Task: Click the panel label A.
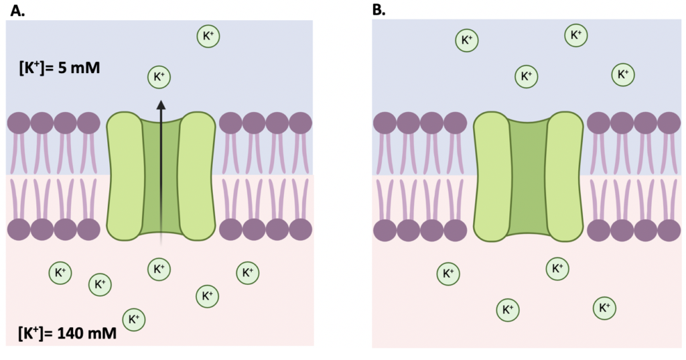coord(15,9)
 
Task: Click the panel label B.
coord(379,9)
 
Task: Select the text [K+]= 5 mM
coord(60,67)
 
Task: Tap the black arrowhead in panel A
coord(160,104)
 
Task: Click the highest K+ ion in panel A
coord(208,36)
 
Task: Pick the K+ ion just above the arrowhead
coord(159,78)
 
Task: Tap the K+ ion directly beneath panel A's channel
coord(159,269)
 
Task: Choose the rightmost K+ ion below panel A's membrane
coord(247,272)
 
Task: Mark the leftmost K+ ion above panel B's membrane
coord(466,40)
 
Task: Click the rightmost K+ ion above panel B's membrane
coord(623,74)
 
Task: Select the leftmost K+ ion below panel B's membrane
coord(448,274)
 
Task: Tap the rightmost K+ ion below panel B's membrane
coord(604,308)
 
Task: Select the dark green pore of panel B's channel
coord(528,177)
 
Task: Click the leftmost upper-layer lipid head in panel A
coord(19,123)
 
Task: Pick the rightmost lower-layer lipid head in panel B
coord(669,229)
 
